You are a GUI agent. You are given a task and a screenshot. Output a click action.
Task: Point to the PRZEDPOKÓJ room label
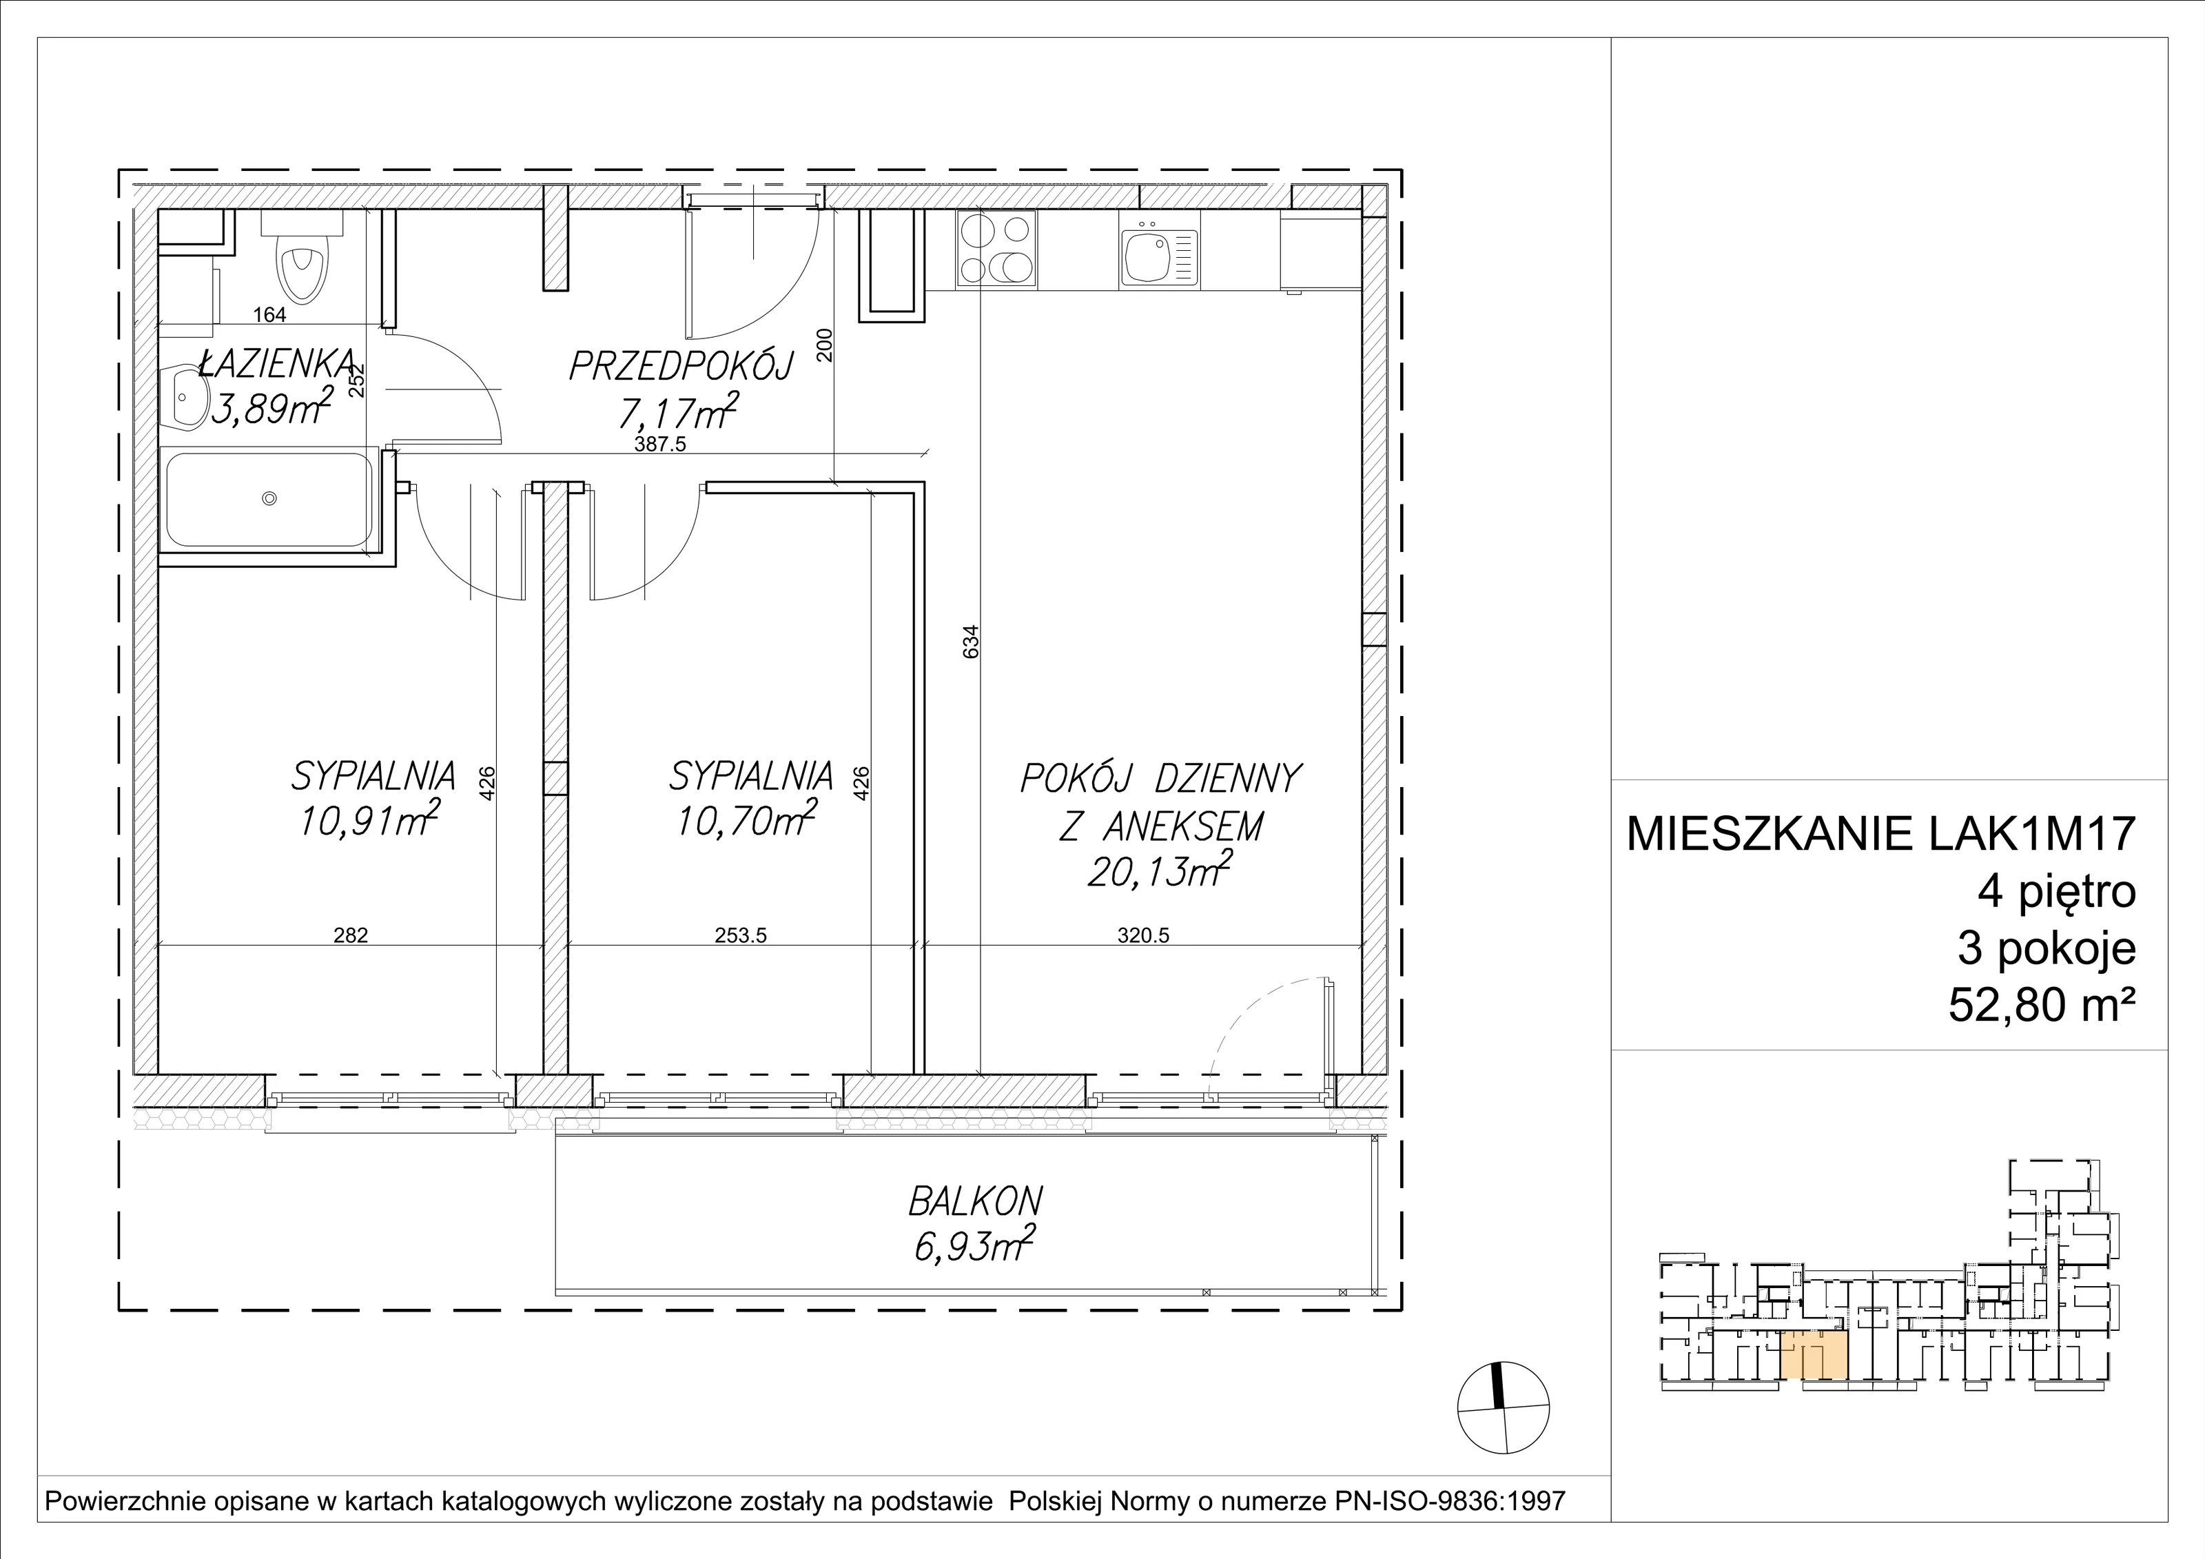(681, 366)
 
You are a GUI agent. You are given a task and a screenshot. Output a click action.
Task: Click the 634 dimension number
(971, 642)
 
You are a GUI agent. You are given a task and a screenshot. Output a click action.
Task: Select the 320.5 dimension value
(1143, 935)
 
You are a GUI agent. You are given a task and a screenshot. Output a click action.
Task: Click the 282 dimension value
(351, 935)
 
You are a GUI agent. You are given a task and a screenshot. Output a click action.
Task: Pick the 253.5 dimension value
(741, 935)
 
